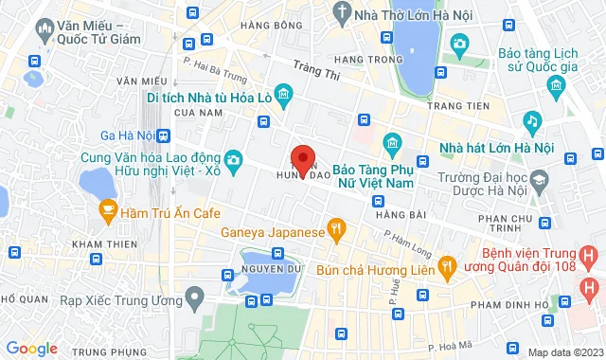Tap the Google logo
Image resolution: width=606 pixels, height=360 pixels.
31,349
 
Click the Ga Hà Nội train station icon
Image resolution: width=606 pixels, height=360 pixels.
162,135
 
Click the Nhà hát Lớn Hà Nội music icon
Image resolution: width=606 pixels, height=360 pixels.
532,121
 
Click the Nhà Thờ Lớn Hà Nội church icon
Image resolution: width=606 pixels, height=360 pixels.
341,13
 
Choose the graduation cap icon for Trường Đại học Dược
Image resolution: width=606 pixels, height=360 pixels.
539,178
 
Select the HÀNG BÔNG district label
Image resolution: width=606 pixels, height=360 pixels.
265,26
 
